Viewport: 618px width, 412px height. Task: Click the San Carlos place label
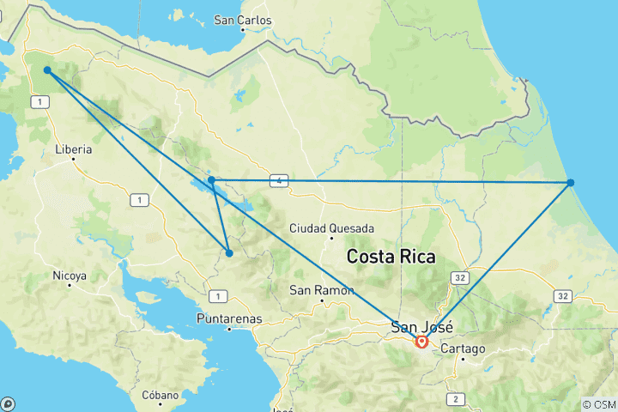[x=242, y=20]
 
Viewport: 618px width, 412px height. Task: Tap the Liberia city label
[x=73, y=149]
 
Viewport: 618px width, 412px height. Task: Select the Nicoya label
[x=70, y=276]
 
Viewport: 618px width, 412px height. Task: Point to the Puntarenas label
[x=228, y=318]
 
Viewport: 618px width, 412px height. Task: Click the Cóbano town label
[x=161, y=396]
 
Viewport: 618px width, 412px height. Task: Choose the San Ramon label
[x=322, y=290]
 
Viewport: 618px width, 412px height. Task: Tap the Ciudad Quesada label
[x=331, y=229]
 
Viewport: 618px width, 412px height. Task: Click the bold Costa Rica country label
[x=391, y=257]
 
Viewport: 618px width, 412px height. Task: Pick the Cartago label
[x=463, y=349]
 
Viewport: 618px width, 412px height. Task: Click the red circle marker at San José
[x=421, y=342]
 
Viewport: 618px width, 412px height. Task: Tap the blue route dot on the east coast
[x=570, y=183]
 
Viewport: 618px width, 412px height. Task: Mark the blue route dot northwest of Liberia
[x=47, y=70]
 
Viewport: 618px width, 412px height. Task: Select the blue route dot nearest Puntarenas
[x=229, y=252]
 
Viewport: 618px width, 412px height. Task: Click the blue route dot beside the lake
[x=211, y=179]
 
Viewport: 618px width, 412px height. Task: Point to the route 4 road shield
[x=278, y=180]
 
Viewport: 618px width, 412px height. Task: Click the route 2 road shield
[x=454, y=399]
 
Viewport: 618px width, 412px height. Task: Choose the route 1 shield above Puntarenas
[x=219, y=297]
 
